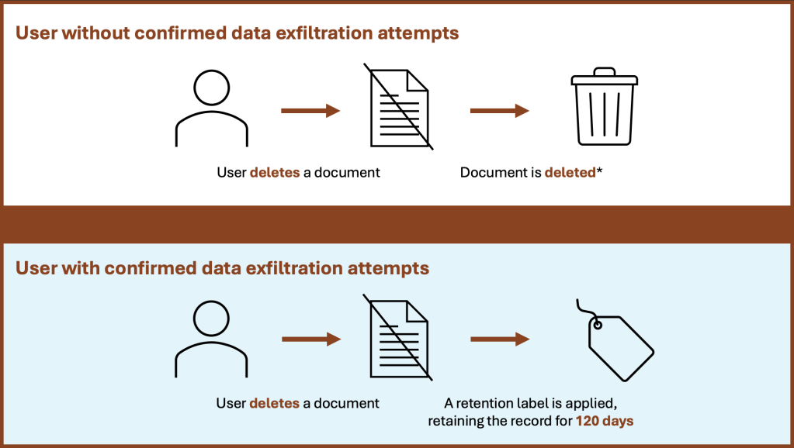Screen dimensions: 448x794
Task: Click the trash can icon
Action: (604, 109)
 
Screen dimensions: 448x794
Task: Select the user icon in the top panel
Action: (212, 109)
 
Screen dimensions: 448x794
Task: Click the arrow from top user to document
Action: (310, 111)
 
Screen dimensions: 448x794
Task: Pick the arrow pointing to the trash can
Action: (499, 111)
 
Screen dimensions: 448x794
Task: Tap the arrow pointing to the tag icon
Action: (499, 339)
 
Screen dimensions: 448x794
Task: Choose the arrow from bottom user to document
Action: (310, 339)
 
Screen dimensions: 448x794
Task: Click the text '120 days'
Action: (605, 421)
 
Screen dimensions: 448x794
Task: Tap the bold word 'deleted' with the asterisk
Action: (570, 172)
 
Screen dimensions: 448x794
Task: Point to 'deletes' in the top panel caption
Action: (274, 172)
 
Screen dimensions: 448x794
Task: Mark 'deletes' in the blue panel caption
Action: (274, 403)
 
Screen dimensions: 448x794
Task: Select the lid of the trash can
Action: (604, 78)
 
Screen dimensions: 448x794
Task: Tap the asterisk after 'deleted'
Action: (598, 170)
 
